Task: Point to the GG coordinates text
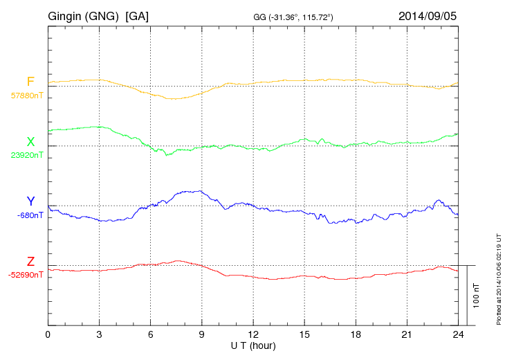tap(293, 16)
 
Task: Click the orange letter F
tap(30, 82)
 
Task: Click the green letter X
tap(30, 142)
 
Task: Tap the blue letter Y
tap(30, 201)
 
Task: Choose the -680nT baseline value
tap(30, 215)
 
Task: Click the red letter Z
tap(30, 262)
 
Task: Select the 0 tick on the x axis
tap(48, 334)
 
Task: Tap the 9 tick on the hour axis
tap(201, 334)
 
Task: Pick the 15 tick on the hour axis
tap(304, 334)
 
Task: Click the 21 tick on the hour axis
tap(406, 334)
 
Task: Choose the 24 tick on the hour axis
tap(457, 334)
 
